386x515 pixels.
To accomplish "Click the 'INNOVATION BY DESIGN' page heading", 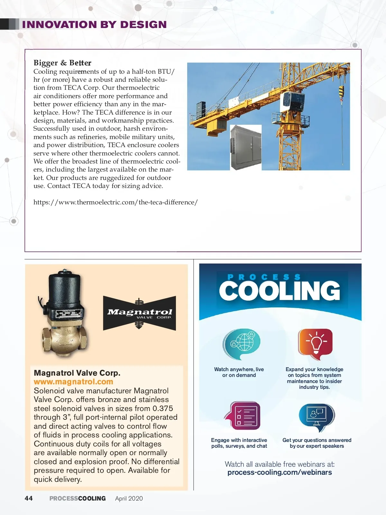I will [94, 24].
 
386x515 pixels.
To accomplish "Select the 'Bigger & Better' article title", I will [62, 63].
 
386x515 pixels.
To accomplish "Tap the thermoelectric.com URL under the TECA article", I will [115, 202].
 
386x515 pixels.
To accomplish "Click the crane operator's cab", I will [292, 101].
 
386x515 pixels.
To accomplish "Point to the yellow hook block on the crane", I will [341, 92].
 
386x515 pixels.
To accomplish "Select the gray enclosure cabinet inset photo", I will [246, 147].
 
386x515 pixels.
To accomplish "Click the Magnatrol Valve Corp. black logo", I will [139, 313].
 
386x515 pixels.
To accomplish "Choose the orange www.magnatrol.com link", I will [73, 382].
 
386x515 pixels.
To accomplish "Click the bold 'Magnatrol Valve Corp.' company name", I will [77, 373].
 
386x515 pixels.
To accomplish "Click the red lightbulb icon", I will [315, 344].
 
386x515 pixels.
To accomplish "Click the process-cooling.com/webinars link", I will [280, 473].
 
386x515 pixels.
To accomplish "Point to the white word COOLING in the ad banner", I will [280, 291].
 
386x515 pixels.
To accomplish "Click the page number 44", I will [29, 498].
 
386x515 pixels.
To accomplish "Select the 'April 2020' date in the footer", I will [129, 499].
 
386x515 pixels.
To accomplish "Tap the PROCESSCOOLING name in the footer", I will [78, 499].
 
